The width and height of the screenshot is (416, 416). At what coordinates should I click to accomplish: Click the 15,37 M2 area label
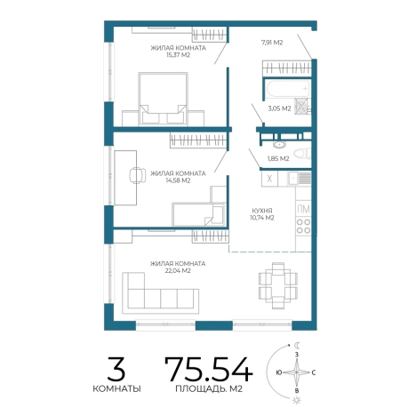pos(178,55)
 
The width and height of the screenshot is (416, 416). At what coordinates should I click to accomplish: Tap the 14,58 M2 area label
pos(178,180)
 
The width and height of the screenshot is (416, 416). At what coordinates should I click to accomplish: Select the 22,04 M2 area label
pos(178,271)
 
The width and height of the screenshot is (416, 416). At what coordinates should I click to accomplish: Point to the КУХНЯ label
pos(262,211)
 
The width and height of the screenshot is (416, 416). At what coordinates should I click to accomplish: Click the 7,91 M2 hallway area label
pos(272,43)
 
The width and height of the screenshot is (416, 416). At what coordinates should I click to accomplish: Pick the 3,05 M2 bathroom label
pos(279,108)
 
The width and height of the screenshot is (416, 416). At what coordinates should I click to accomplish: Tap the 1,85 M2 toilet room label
pos(278,159)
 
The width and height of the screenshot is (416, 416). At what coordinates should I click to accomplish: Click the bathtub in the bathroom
pos(287,89)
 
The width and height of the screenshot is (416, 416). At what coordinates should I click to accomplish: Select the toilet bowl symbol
pos(301,154)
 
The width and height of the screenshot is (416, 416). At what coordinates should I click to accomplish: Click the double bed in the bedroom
pos(163,99)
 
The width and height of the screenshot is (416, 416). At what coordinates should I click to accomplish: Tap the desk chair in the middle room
pos(137,175)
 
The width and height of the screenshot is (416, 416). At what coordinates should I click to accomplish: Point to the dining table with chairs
pos(278,285)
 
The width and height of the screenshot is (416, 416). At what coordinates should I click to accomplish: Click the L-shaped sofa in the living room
pos(160,293)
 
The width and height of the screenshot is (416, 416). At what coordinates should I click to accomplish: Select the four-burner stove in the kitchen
pos(303,226)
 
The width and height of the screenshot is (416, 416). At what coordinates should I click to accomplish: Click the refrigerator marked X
pos(269,179)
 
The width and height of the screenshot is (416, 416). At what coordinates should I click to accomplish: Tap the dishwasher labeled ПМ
pos(303,209)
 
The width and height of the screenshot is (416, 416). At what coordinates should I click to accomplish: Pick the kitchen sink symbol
pos(300,179)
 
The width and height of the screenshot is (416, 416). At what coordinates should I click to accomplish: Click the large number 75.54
pos(209,369)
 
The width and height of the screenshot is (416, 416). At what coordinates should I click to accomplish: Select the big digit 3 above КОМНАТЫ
pos(116,369)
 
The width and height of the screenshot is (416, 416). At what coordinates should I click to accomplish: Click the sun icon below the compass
pos(297,401)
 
